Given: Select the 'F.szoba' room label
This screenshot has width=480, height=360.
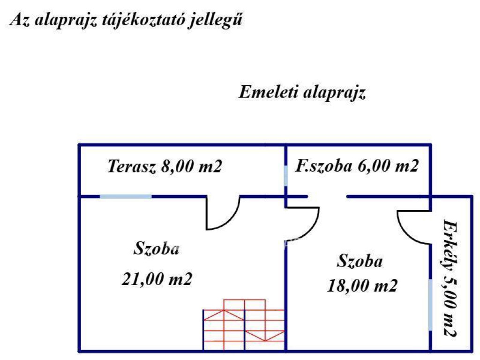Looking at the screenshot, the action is tap(323, 166).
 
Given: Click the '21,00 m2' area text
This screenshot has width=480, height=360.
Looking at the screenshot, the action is tap(157, 279).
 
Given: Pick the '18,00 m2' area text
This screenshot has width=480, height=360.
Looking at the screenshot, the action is tap(362, 286).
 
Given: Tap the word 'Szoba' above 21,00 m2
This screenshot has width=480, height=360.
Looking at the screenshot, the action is tap(157, 248).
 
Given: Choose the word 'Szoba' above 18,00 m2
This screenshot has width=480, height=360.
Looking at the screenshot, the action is tap(360, 262).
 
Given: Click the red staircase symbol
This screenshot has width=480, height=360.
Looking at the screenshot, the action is tap(244, 324).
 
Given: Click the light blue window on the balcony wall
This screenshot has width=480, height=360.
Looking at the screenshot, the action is tap(430, 305).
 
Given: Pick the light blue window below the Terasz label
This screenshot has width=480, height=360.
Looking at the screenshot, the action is tap(126, 196).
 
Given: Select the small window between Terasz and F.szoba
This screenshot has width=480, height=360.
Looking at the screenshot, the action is tap(286, 176).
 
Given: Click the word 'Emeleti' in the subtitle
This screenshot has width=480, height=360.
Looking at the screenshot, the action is tap(268, 92).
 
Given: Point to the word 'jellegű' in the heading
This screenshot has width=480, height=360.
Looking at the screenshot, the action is tap(215, 21).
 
